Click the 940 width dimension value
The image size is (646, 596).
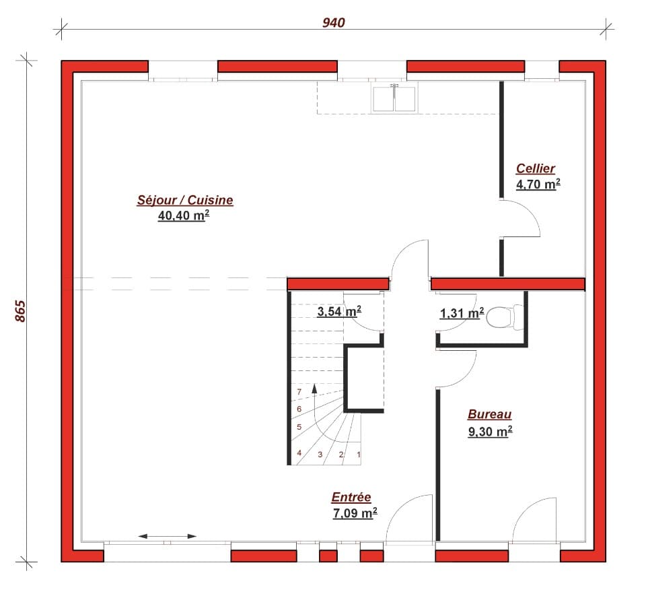click(333, 23)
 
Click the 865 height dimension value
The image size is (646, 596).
click(20, 310)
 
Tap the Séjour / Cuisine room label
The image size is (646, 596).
click(185, 200)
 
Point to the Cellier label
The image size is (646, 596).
click(536, 168)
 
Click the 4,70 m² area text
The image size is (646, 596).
click(538, 184)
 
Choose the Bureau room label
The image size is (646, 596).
click(490, 415)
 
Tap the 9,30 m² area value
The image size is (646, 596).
click(490, 432)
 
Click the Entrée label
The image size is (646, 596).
click(351, 498)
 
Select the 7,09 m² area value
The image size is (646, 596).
click(355, 514)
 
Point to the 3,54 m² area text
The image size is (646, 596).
click(339, 311)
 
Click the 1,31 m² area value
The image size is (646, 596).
click(462, 313)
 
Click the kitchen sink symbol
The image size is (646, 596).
click(394, 98)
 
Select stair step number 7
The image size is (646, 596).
click(299, 392)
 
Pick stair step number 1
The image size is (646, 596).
click(359, 455)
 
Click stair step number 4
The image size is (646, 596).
click(299, 453)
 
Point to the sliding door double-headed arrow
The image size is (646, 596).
click(168, 536)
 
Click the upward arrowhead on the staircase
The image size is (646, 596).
click(314, 389)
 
